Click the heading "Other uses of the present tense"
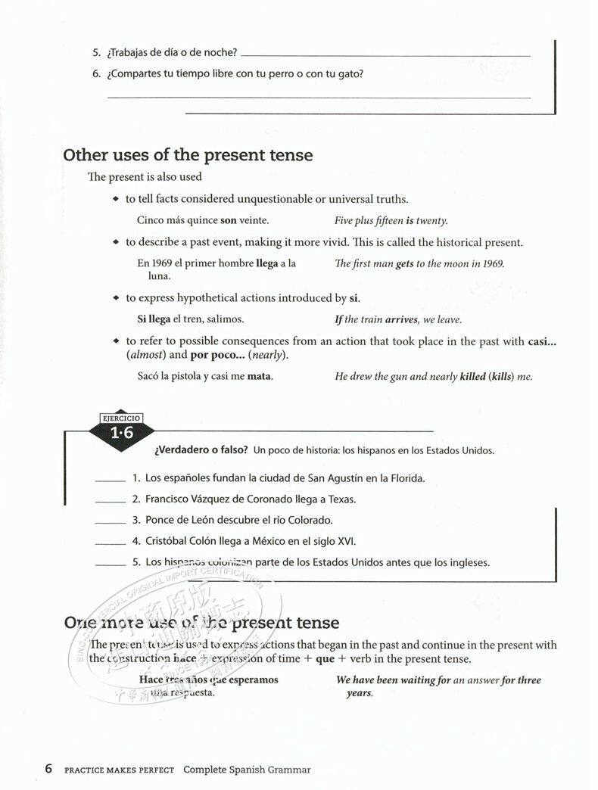point(188,155)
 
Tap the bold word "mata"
point(260,376)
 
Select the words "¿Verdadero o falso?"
point(201,450)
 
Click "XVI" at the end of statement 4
point(345,541)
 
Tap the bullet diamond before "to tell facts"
point(116,199)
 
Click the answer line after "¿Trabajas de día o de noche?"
point(386,54)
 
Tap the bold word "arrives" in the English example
point(401,319)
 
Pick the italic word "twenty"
point(431,221)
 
